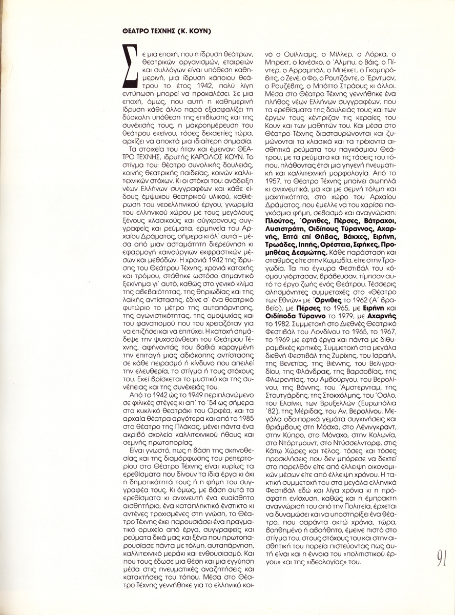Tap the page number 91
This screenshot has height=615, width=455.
pyautogui.click(x=444, y=558)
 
